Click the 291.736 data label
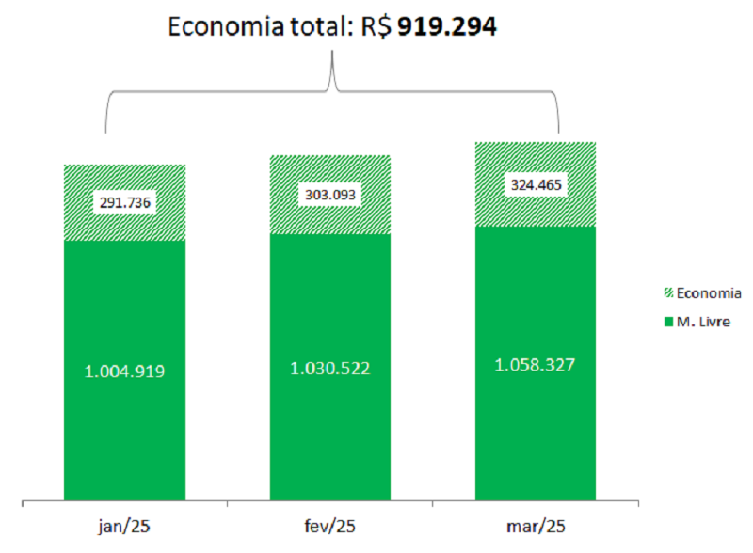124,202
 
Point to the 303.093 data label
330,195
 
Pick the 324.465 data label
536,184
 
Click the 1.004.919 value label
124,371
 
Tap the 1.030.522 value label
330,367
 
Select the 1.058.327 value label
536,363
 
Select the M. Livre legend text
704,322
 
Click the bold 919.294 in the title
447,26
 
